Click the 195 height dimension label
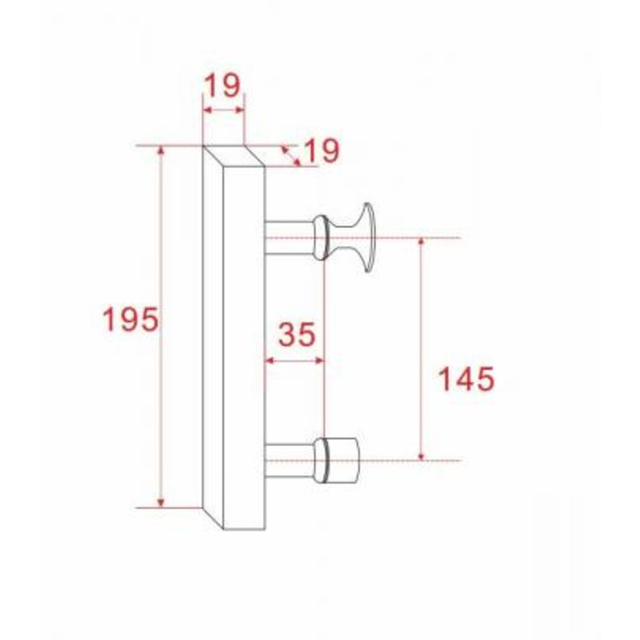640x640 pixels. point(130,320)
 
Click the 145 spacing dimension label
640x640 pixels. point(465,379)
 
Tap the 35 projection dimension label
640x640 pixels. point(295,334)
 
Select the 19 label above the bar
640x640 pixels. point(223,86)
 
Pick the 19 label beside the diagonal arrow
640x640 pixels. point(320,151)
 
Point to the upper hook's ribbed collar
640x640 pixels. point(321,237)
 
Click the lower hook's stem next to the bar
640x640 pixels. point(287,460)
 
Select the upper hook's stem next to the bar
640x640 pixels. point(287,237)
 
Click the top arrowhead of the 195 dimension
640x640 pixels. point(161,151)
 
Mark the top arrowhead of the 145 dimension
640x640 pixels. point(422,242)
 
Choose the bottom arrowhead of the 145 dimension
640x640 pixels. point(422,455)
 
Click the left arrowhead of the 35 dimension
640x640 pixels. point(269,361)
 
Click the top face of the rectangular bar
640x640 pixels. point(234,156)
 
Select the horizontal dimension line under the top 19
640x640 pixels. point(223,110)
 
